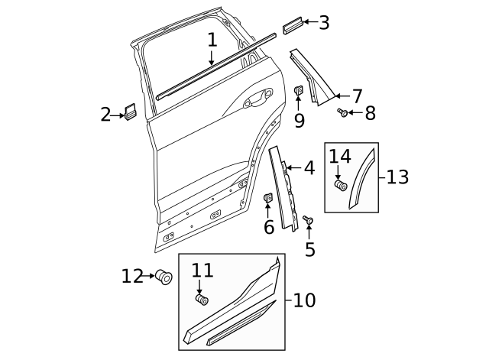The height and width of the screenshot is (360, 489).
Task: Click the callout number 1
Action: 212,40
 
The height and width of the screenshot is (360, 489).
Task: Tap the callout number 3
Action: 324,22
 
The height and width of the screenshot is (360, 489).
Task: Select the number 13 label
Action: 397,177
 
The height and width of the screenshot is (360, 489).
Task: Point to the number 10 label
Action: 303,300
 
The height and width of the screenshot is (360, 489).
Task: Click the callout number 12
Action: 132,275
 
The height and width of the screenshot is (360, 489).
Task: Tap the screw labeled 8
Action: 343,113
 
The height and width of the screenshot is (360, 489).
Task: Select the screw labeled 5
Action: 307,220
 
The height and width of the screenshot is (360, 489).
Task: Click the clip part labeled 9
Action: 299,92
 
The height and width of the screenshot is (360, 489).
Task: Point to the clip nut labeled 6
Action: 268,199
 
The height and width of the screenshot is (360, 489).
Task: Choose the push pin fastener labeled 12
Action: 163,277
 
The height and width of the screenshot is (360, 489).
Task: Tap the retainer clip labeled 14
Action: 341,185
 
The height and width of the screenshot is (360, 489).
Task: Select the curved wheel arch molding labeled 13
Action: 363,180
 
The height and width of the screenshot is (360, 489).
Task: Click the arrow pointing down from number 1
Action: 212,58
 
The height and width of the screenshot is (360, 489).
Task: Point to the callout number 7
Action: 357,96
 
